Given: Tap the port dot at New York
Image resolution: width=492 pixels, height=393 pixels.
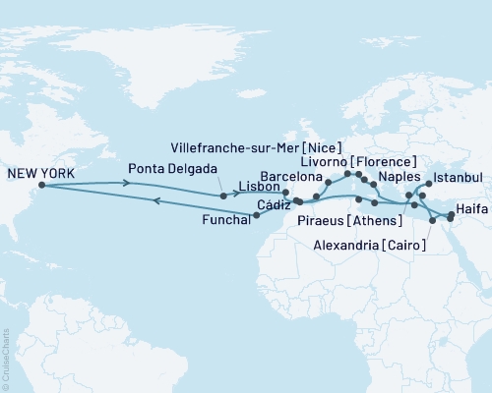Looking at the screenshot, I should (x=41, y=185).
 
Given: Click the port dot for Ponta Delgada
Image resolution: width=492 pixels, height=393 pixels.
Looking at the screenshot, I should (x=224, y=196).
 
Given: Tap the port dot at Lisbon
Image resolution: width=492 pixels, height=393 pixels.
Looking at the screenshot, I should (x=285, y=193).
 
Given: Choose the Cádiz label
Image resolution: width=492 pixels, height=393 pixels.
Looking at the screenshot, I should (x=273, y=205).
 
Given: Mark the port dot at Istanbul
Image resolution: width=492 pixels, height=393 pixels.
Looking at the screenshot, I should (x=429, y=183).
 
